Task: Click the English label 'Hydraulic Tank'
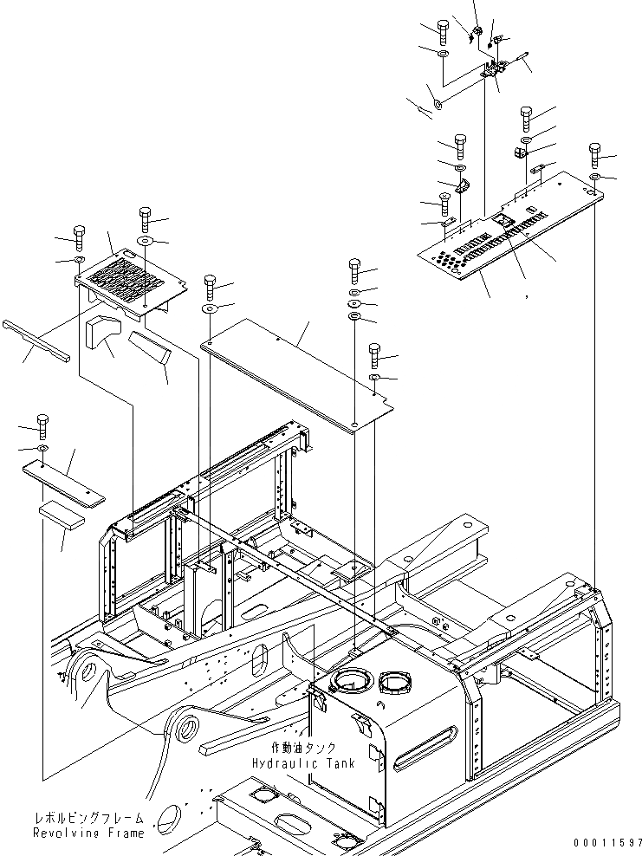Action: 293,763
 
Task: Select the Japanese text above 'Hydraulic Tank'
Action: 294,748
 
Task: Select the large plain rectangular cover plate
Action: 295,381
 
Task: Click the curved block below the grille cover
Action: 101,329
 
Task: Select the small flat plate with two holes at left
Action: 62,482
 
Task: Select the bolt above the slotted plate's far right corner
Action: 595,153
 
